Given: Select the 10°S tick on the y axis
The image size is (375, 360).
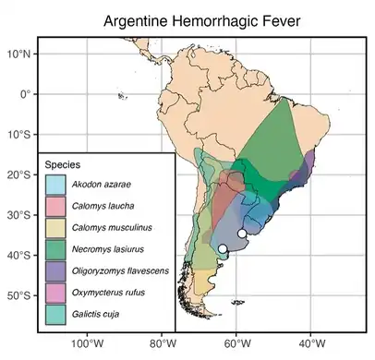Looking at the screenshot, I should pyautogui.click(x=20, y=135).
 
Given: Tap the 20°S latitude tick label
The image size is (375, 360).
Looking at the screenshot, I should pyautogui.click(x=20, y=175).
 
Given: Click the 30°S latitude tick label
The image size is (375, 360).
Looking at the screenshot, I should pyautogui.click(x=20, y=215).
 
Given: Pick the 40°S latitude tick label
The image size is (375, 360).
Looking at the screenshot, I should pyautogui.click(x=20, y=256).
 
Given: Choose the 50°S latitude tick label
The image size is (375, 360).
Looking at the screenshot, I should pyautogui.click(x=20, y=296).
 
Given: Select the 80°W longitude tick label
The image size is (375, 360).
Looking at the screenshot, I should pyautogui.click(x=163, y=344).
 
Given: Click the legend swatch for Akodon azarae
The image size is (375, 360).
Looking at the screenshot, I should pyautogui.click(x=54, y=184).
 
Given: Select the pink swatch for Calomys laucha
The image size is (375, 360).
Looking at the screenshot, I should pyautogui.click(x=54, y=206).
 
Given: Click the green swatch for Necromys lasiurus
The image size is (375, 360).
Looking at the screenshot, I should pyautogui.click(x=54, y=249).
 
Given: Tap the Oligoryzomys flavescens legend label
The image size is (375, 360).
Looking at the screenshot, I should pyautogui.click(x=119, y=271).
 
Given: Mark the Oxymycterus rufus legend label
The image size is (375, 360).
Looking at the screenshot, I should pyautogui.click(x=108, y=294).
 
